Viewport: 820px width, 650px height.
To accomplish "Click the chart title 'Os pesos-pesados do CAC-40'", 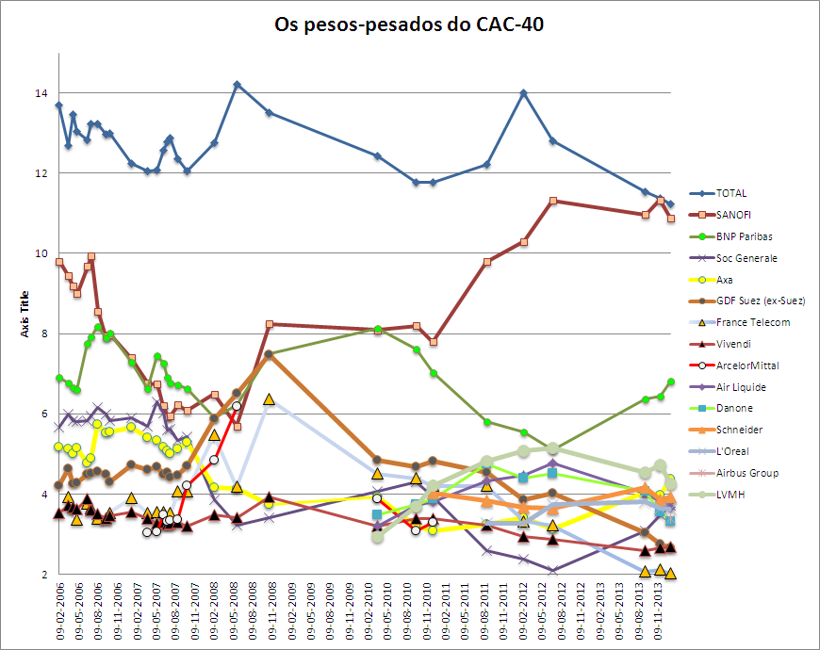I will pos(409,24).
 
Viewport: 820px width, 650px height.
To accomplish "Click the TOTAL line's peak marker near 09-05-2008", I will pos(237,85).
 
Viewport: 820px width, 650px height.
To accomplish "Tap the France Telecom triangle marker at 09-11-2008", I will pos(269,399).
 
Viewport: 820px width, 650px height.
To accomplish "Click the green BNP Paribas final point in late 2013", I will pos(671,382).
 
